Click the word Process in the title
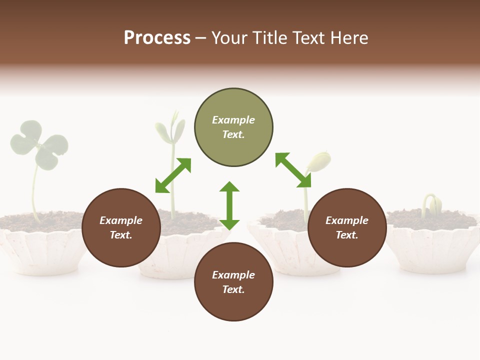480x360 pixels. click(x=157, y=38)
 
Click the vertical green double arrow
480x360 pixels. click(x=229, y=205)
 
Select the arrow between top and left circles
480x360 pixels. click(x=173, y=175)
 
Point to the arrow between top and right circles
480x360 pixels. click(x=293, y=170)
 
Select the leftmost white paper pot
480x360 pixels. click(x=42, y=252)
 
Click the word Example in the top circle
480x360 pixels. click(x=233, y=120)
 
